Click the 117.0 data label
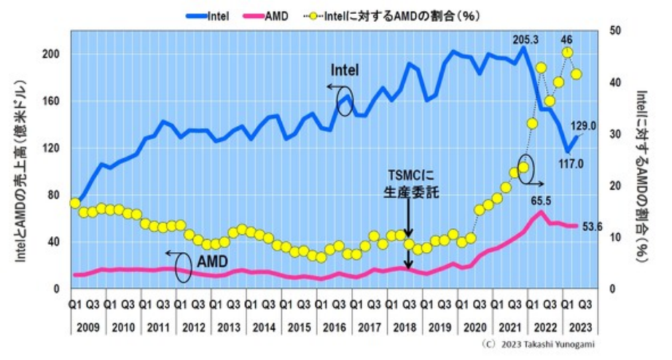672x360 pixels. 571,165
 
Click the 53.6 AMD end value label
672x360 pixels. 595,227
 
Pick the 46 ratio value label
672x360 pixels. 567,40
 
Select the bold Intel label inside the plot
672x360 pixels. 345,70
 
